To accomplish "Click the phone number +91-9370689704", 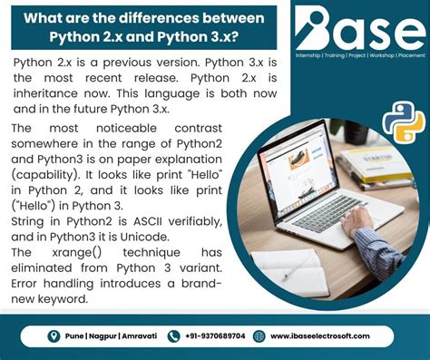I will (x=210, y=336).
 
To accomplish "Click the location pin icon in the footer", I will (x=54, y=336).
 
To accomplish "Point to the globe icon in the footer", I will (x=259, y=336).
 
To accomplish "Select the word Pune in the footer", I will (x=75, y=336).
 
